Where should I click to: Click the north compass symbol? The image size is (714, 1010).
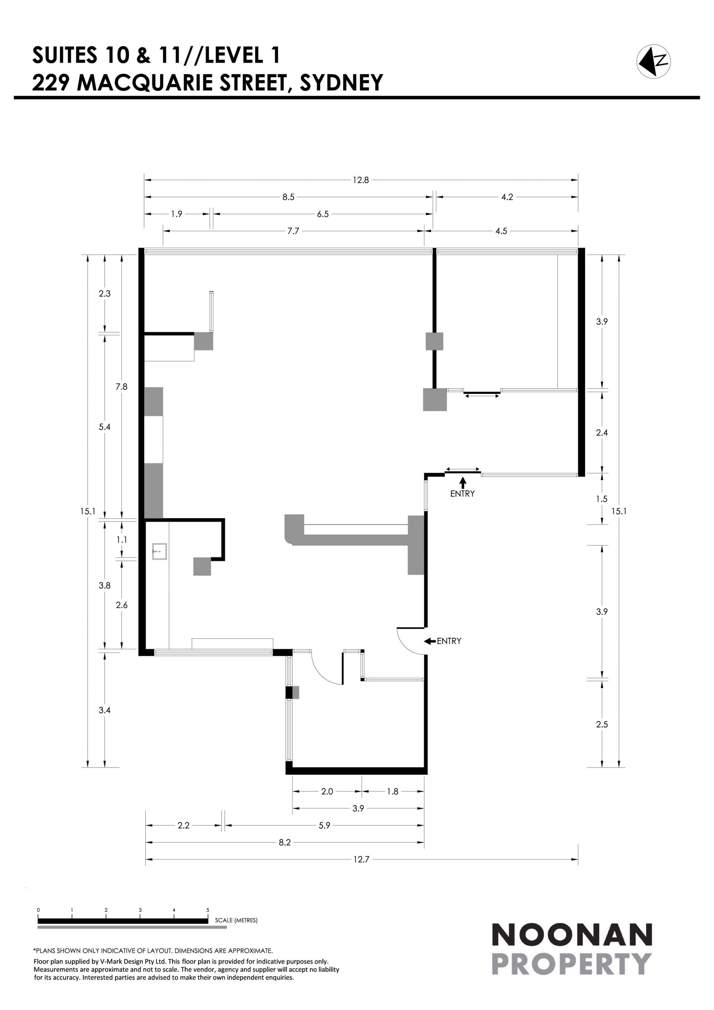(654, 62)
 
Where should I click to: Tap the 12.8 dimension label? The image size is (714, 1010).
(360, 180)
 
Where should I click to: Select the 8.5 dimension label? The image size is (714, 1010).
(289, 197)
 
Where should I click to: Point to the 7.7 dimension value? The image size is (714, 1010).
(293, 231)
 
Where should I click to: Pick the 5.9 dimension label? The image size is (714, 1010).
(325, 826)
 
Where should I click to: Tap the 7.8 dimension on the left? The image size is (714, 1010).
(122, 387)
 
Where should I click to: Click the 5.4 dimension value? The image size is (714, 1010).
(104, 427)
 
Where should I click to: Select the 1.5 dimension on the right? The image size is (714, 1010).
(602, 499)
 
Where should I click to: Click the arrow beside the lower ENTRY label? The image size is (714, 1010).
(430, 641)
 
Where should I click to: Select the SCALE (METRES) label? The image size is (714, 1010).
(236, 920)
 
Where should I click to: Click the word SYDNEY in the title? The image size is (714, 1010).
(341, 82)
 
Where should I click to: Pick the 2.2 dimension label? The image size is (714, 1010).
(183, 826)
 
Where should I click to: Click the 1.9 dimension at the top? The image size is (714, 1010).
(176, 214)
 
